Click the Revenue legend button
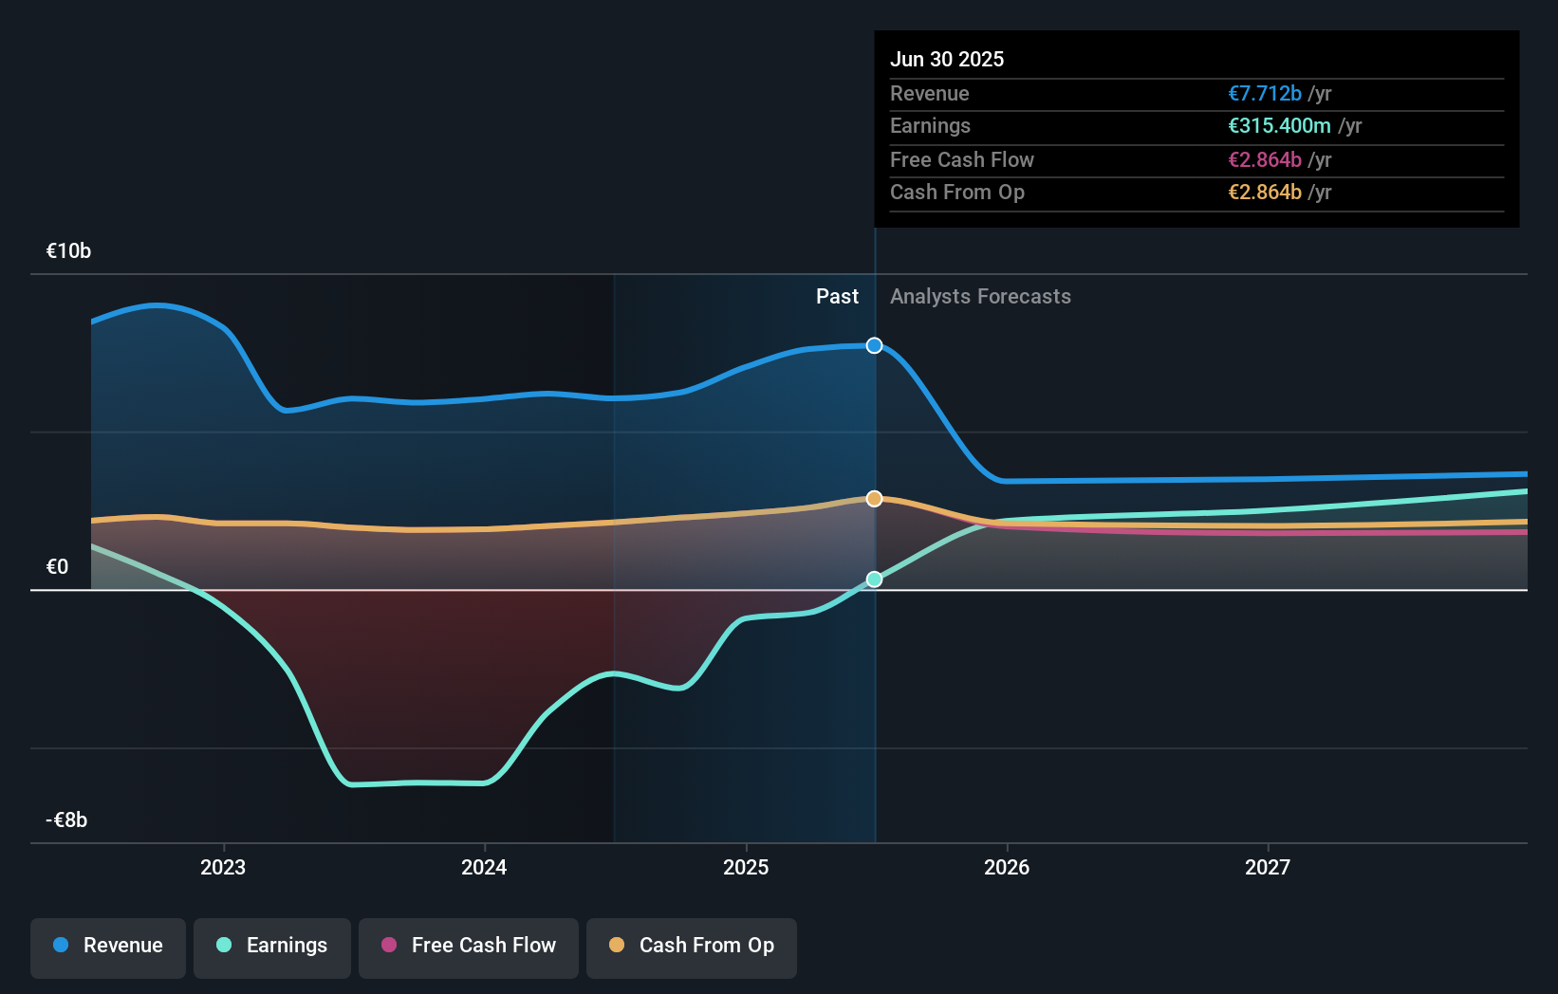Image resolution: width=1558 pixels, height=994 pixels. [108, 947]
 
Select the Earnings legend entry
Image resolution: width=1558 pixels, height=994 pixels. [272, 947]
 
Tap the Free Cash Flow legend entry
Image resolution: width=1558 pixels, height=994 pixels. [469, 947]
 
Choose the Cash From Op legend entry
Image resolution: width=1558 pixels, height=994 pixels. [692, 947]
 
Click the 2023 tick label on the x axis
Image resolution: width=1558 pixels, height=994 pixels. [223, 868]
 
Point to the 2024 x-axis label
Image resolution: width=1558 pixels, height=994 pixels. [484, 868]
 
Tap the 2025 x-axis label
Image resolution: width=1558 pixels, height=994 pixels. [746, 868]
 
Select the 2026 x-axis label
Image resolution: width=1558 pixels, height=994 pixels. [1007, 868]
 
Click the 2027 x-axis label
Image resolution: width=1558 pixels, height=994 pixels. [1268, 868]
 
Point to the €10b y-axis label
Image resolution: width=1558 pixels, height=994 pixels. [68, 251]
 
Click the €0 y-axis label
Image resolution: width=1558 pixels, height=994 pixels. [57, 567]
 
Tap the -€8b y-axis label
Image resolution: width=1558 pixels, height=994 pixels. [66, 820]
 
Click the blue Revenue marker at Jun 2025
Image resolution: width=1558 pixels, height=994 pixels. [875, 345]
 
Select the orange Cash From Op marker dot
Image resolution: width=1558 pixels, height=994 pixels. [875, 499]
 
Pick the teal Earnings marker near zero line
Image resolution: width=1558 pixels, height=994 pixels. [875, 580]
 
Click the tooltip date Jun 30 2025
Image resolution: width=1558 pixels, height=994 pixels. [947, 60]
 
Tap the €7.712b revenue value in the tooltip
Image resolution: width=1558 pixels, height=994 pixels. [1265, 94]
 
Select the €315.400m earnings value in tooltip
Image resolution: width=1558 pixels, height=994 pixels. [1279, 126]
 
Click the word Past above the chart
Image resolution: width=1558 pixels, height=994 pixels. [837, 297]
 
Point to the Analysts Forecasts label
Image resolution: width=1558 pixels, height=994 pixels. [980, 297]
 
